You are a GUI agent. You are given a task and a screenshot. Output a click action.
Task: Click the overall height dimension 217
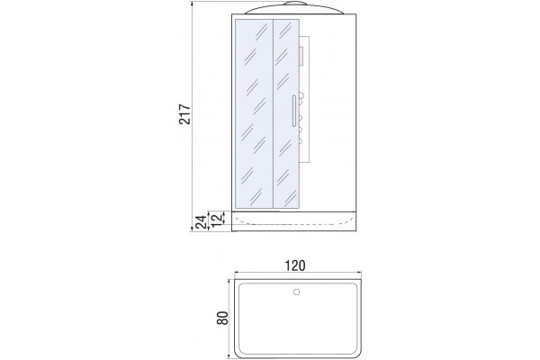pos(184,113)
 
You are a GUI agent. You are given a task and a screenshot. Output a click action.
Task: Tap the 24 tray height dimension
pos(201,221)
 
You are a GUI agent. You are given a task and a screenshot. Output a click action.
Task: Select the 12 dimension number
pos(216,220)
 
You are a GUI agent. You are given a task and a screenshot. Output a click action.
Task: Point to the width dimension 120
pos(295,265)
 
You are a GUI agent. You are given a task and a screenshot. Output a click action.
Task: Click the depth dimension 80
pos(223,318)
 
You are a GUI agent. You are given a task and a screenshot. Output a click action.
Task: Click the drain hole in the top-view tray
pos(296,292)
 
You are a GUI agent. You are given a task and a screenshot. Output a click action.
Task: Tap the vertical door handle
pos(293,111)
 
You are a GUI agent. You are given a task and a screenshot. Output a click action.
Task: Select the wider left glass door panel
pos(254,113)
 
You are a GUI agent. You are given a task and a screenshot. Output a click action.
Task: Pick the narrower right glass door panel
pos(286,113)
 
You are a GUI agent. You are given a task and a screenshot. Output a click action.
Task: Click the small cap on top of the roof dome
pos(295,4)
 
